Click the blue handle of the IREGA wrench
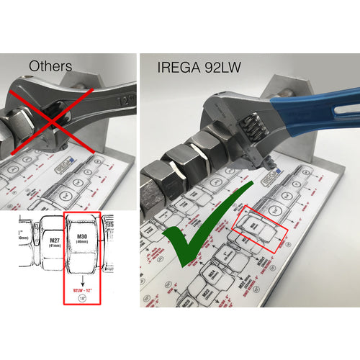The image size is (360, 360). click(317, 108)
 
